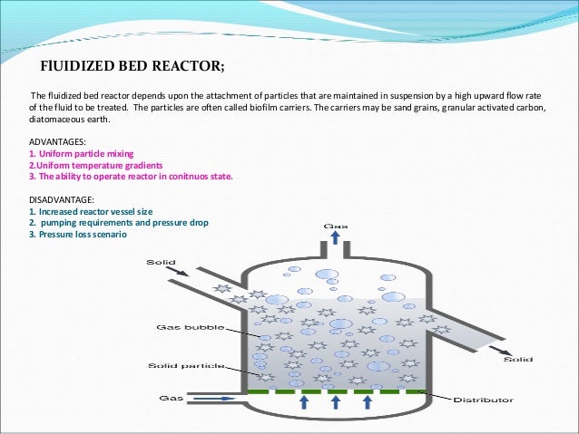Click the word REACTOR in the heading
pos(184,66)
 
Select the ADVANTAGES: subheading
pos(59,143)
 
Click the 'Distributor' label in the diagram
pos(484,400)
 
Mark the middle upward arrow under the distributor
pos(334,402)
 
